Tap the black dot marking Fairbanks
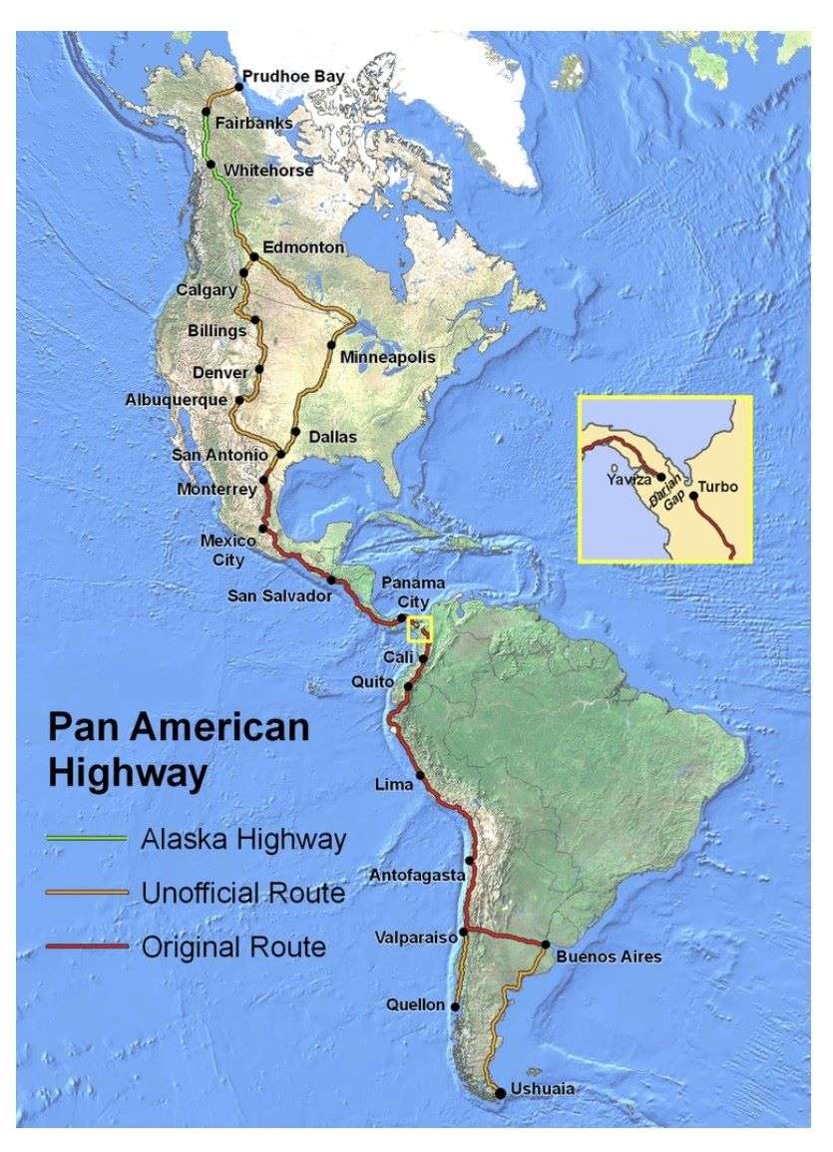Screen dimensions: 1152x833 tap(208, 111)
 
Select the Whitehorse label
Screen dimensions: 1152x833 tap(268, 171)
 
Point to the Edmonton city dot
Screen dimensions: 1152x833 tap(253, 257)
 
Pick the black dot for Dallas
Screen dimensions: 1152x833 tap(295, 433)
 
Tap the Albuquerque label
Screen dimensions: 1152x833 tap(177, 399)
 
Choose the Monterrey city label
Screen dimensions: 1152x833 tap(216, 489)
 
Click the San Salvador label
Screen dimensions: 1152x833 tap(278, 595)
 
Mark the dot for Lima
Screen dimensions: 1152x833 tap(420, 775)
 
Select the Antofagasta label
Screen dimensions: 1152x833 tap(417, 875)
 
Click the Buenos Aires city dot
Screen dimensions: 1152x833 tap(546, 944)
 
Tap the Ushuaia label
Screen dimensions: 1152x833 tap(543, 1088)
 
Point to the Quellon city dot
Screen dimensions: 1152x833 tap(455, 1005)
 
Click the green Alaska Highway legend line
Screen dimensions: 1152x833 tap(87, 838)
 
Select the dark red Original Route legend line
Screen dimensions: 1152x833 tap(87, 945)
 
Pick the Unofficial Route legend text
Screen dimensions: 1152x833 tap(242, 892)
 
